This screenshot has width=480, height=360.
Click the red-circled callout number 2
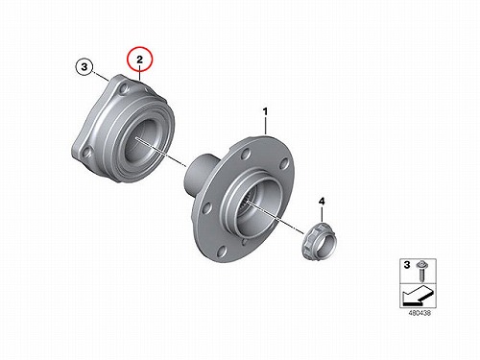tap(139, 59)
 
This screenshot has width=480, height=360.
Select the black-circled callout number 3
tap(84, 67)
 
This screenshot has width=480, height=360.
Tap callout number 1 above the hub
tap(265, 111)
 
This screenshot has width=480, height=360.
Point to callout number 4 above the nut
tap(322, 202)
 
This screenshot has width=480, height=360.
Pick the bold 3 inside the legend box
tap(407, 265)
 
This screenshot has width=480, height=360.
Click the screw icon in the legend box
tap(420, 271)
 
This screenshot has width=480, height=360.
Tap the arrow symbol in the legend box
tap(418, 295)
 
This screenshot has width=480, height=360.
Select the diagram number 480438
tap(420, 313)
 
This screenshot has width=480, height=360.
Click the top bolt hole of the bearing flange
tap(124, 90)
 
